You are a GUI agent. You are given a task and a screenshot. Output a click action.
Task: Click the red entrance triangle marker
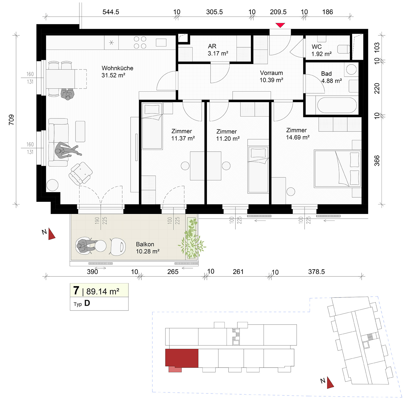[x=280, y=25]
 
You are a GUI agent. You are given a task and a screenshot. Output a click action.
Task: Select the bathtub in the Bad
[x=337, y=105]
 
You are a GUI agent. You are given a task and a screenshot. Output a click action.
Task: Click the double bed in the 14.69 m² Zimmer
[x=338, y=169]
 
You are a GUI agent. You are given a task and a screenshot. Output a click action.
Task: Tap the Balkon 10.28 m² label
[x=148, y=248]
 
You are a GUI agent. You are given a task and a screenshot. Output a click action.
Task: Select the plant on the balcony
[x=192, y=238]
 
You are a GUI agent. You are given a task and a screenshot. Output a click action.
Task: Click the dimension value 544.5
[x=111, y=12]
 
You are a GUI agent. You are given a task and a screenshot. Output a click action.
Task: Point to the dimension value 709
[x=11, y=120]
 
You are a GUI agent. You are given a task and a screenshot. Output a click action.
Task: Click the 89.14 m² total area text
[x=103, y=291]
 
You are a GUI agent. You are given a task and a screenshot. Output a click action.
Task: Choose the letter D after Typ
[x=87, y=303]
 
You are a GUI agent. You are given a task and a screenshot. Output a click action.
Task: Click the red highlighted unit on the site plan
[x=182, y=358]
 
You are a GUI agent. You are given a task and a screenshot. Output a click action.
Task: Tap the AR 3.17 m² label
[x=218, y=50]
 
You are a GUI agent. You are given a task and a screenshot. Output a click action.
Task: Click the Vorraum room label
[x=271, y=73]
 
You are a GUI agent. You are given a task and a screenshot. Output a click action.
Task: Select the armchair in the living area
[x=81, y=174]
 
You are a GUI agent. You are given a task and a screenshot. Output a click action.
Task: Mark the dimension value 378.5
[x=317, y=272]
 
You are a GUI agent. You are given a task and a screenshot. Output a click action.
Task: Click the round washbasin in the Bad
[x=351, y=69]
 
